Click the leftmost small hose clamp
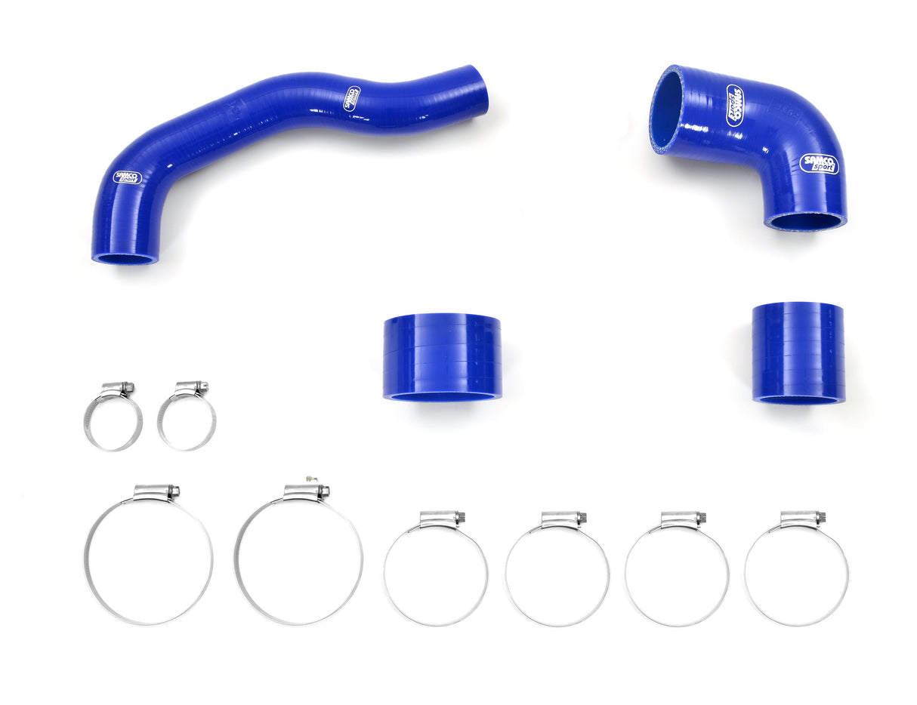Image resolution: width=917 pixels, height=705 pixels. tap(113, 421)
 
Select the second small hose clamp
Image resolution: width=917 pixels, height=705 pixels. tap(187, 421)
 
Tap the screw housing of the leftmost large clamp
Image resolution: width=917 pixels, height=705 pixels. tap(157, 492)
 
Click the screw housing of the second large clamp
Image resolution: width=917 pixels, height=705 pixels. tap(307, 492)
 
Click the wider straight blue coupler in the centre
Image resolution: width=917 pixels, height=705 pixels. tap(442, 356)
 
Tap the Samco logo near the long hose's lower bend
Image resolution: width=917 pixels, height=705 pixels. tap(128, 178)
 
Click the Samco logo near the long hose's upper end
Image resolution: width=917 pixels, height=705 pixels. tap(352, 99)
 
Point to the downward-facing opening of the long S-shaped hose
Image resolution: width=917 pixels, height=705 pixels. tap(125, 259)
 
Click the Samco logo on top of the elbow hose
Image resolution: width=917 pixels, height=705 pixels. tap(734, 105)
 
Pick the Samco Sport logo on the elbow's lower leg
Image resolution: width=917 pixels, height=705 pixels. tap(819, 164)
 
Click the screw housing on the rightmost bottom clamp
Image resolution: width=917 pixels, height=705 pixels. tap(803, 519)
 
